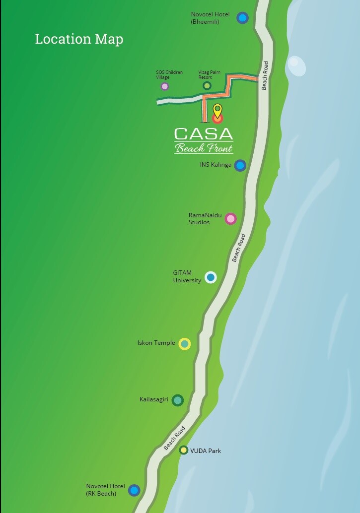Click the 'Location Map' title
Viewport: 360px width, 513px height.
[x=79, y=39]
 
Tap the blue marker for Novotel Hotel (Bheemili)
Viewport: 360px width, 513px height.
[x=242, y=18]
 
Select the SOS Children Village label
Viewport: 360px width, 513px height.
[x=169, y=75]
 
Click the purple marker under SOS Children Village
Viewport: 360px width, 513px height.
[x=164, y=86]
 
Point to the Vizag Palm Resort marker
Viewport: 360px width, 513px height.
[x=207, y=86]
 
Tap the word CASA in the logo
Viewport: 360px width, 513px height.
[x=204, y=134]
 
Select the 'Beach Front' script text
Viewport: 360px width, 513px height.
[x=204, y=147]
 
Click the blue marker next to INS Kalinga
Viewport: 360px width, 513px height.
[x=240, y=165]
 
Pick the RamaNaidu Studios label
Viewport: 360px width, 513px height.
[x=205, y=219]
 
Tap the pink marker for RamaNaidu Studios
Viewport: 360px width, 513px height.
[x=230, y=218]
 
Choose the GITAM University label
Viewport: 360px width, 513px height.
[x=187, y=277]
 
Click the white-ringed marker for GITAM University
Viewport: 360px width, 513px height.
[x=211, y=277]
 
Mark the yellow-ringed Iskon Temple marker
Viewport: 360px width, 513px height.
[x=185, y=343]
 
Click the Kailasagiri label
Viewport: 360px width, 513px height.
[x=154, y=399]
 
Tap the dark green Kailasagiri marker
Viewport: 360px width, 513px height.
[x=177, y=400]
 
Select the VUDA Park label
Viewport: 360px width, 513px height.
[x=206, y=451]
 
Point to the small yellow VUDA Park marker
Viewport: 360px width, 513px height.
[x=184, y=450]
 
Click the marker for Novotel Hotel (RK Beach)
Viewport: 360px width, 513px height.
[x=134, y=491]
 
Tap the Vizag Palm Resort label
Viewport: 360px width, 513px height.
[x=206, y=75]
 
